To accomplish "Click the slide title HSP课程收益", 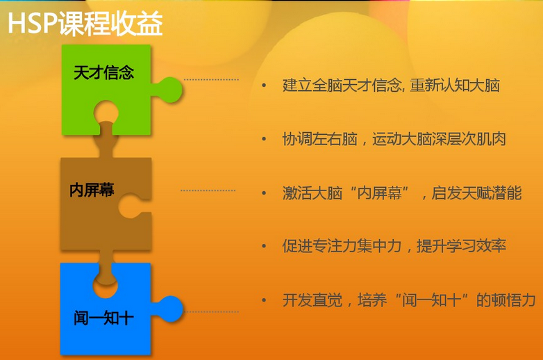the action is click(x=85, y=24).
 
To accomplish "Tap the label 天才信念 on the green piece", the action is click(x=103, y=73).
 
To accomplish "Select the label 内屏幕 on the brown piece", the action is click(x=92, y=190).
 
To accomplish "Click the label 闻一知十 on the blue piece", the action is click(x=103, y=318).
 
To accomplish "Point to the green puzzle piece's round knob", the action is click(x=169, y=90).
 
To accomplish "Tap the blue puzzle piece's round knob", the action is click(x=170, y=309).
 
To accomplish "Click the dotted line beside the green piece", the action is click(x=211, y=80).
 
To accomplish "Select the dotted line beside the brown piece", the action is click(x=208, y=190).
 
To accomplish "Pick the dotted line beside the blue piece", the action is click(x=211, y=312).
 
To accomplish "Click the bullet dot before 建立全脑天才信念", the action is click(x=265, y=85).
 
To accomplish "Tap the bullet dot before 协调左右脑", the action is click(x=265, y=139).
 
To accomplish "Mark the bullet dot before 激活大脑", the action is click(x=265, y=193).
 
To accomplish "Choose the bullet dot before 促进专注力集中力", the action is click(x=265, y=246).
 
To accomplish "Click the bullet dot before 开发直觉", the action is click(x=265, y=300).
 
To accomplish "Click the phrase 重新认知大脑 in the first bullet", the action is click(x=455, y=85).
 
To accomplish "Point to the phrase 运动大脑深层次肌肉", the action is click(x=439, y=139).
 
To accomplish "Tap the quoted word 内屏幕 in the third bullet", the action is click(x=380, y=193).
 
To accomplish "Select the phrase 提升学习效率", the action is click(x=461, y=246).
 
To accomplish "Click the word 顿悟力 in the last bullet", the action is click(x=514, y=300).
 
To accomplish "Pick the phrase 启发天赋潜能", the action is click(x=476, y=193).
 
